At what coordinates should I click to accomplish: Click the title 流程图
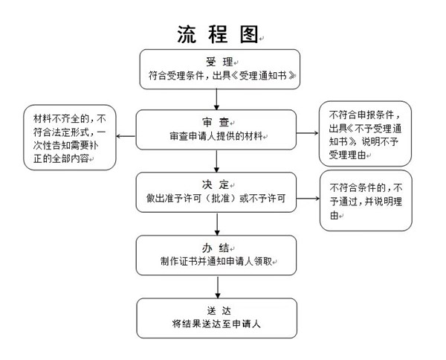click(x=218, y=34)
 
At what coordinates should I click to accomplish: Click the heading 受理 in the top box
click(x=219, y=62)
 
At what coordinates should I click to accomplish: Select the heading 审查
click(x=216, y=123)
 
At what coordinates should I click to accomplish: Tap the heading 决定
click(x=216, y=184)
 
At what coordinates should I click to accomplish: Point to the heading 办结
click(x=216, y=248)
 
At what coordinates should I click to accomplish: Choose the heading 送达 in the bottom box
click(x=219, y=311)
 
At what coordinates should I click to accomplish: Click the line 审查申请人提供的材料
click(x=216, y=136)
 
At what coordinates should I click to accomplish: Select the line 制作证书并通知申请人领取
click(x=216, y=261)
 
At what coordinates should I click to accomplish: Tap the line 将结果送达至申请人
click(x=216, y=324)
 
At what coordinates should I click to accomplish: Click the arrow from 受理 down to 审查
click(x=216, y=100)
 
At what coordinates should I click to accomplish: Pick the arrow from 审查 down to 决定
click(x=216, y=161)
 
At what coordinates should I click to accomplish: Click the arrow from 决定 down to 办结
click(x=217, y=224)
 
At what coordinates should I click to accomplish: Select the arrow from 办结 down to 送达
click(x=218, y=287)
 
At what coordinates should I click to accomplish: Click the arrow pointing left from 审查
click(x=126, y=136)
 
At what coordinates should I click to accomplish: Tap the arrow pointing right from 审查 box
click(x=307, y=133)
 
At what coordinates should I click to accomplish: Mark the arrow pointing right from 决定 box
click(x=308, y=199)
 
